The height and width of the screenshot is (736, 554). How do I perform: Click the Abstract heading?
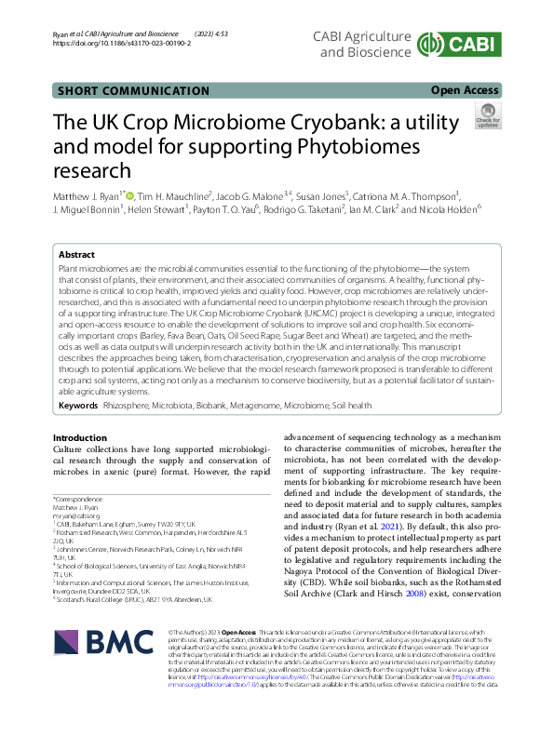point(76,254)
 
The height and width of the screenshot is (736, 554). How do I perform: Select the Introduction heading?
point(80,437)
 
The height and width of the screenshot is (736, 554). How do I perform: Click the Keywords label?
point(78,406)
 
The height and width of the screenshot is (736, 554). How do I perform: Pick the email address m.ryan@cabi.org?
point(76,515)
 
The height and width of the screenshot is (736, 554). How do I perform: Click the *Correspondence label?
point(78,498)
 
